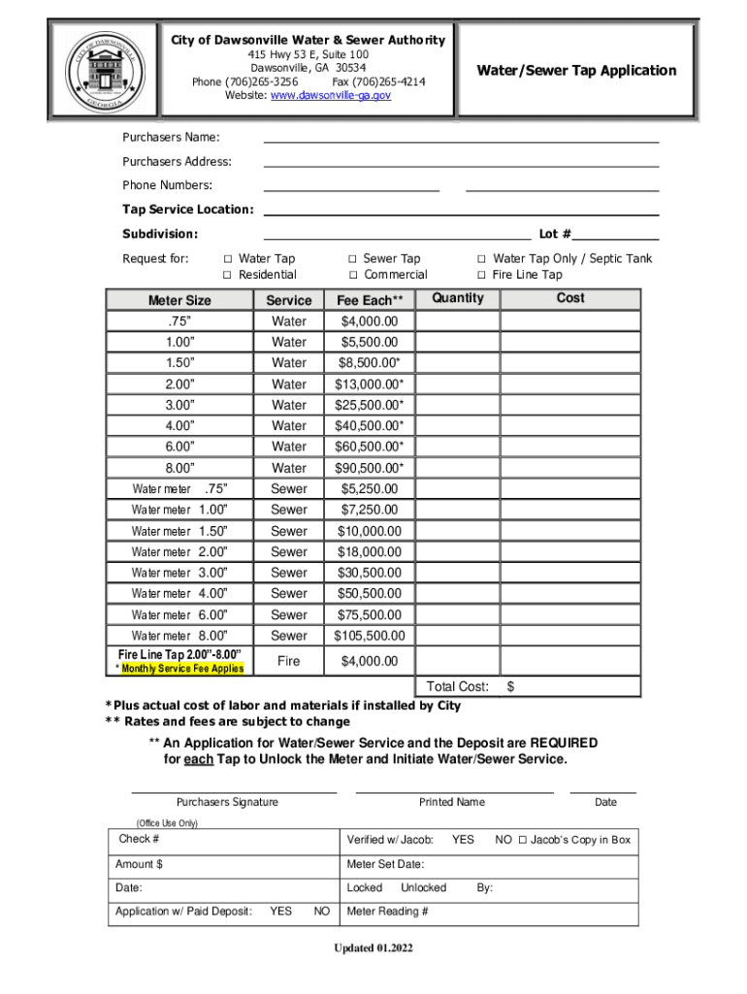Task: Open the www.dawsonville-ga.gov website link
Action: [331, 96]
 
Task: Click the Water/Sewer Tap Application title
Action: [575, 70]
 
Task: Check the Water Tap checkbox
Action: [228, 259]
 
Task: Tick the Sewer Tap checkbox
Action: [353, 259]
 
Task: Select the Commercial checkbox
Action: [353, 276]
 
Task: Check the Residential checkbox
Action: [228, 276]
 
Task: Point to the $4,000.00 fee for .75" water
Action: [369, 321]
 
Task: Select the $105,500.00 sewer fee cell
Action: [369, 636]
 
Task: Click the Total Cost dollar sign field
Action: [572, 687]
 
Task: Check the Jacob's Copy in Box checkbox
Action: [523, 841]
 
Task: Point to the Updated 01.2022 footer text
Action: [373, 948]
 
